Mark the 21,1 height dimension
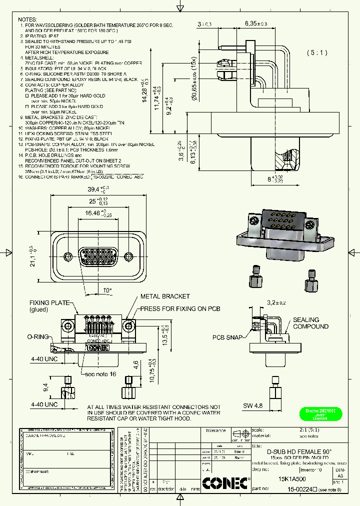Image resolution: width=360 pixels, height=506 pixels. [33, 256]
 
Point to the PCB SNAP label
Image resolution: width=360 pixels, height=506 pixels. [227, 337]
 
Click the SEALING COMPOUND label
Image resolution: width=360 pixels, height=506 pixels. [310, 323]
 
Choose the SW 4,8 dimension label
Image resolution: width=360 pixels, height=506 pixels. [252, 405]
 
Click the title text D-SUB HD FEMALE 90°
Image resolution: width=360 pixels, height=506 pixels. [292, 450]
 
